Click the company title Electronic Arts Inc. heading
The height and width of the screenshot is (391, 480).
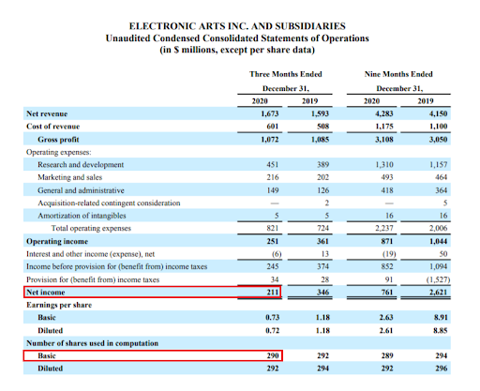(237, 26)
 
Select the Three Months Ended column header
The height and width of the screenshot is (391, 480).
(286, 74)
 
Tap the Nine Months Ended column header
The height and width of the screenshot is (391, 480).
(398, 74)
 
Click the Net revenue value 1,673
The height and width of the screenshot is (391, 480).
(270, 113)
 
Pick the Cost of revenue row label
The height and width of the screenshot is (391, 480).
(53, 127)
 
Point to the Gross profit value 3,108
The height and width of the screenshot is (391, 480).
(384, 140)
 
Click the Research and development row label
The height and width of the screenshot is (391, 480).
(81, 164)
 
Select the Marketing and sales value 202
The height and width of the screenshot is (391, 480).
(322, 177)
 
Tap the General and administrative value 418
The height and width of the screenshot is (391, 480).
(387, 190)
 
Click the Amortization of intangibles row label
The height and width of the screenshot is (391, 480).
(82, 216)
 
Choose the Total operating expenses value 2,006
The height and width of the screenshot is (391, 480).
(438, 228)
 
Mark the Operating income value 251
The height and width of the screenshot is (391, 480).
(273, 241)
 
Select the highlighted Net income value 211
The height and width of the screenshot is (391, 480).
(273, 293)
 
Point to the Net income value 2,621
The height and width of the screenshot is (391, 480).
(438, 293)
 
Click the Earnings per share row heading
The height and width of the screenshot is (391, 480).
(59, 305)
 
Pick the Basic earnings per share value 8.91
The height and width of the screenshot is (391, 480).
(441, 318)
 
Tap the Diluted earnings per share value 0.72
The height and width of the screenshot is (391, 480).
(273, 330)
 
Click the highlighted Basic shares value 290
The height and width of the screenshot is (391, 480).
(273, 355)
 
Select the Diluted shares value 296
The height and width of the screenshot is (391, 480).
(442, 368)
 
